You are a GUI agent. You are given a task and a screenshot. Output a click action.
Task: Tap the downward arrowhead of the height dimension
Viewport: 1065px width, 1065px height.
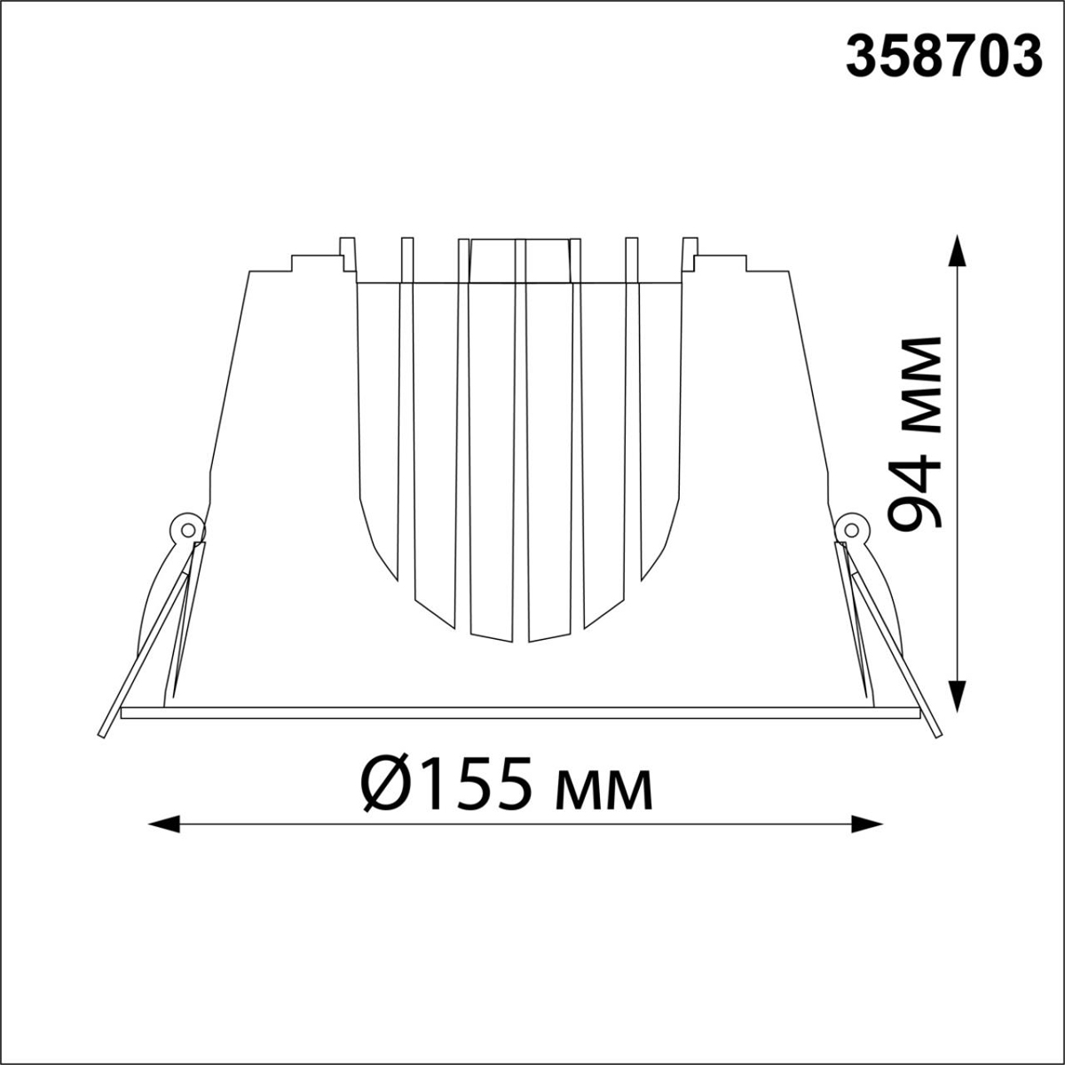click(x=958, y=697)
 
